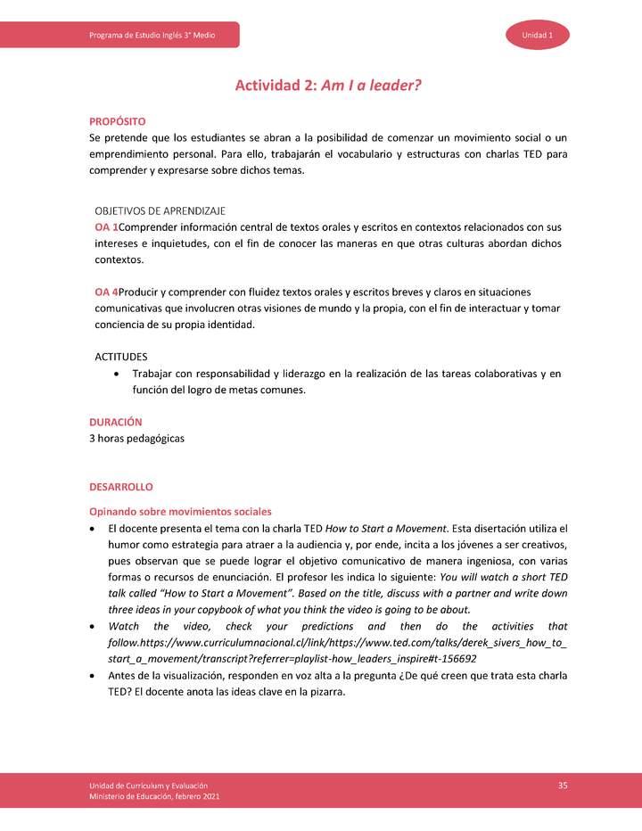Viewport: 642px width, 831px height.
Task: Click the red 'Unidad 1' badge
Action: pyautogui.click(x=538, y=35)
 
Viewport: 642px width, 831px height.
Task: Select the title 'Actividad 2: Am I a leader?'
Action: pyautogui.click(x=327, y=86)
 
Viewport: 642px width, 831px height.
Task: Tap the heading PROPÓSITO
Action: pyautogui.click(x=118, y=121)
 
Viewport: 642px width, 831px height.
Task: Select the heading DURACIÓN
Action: pyautogui.click(x=116, y=422)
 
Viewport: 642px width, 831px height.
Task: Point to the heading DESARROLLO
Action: pyautogui.click(x=121, y=487)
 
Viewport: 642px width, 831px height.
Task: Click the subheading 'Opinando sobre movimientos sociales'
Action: pyautogui.click(x=180, y=511)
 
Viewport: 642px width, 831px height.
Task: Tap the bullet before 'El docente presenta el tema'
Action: pyautogui.click(x=94, y=529)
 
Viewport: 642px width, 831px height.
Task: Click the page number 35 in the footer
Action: pyautogui.click(x=563, y=785)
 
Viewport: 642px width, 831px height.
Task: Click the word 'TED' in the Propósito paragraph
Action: pyautogui.click(x=506, y=154)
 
